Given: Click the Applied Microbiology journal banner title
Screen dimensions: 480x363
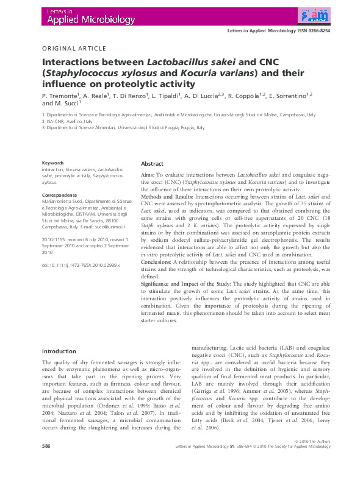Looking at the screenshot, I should coord(88,20).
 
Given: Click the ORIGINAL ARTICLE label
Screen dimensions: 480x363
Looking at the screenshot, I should coord(74,49).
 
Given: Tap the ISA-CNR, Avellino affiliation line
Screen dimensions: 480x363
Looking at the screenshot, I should coord(66,121).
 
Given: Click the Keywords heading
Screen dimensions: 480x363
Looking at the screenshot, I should coord(52,163).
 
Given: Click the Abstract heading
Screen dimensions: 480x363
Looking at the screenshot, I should coord(152,164).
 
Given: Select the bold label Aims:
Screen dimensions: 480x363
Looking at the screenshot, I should coord(148,175).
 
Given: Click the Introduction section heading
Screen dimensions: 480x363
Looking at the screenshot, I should coord(59,352).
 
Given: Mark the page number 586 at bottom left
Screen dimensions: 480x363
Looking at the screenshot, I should coord(46,464).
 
